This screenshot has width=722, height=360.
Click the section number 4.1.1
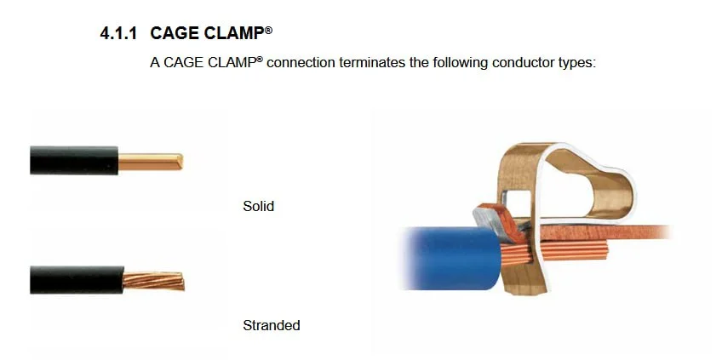tap(118, 33)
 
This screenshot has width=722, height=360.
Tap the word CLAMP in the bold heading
tap(234, 33)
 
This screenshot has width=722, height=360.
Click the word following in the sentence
tap(460, 63)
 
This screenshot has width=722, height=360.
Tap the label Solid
tap(258, 206)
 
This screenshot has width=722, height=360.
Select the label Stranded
tap(272, 325)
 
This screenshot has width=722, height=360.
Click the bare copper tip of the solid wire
tap(150, 162)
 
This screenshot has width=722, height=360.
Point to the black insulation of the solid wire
tap(74, 160)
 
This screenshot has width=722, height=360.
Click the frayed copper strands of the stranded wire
tap(153, 281)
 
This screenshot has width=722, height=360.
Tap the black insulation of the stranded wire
tap(77, 279)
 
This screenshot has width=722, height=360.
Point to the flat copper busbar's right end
tap(663, 232)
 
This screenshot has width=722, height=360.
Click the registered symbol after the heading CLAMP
tap(268, 30)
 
